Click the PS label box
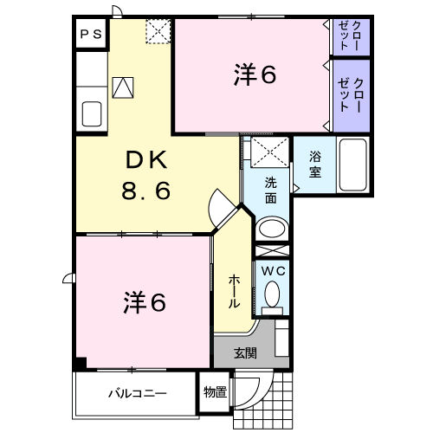point(91,35)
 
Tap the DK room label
point(146,160)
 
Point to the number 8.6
point(145,191)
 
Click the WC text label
point(274,271)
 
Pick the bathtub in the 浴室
point(353,165)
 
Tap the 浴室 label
point(315,165)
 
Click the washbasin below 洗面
point(272,228)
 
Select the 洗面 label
point(271,191)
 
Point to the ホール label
point(234,292)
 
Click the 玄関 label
point(245,352)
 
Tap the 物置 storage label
point(215,392)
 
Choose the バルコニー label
point(138,393)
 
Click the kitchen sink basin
point(92,114)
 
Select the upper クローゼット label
point(350,36)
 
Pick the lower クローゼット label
point(350,94)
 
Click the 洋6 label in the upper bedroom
point(255,74)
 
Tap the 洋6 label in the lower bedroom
point(145,302)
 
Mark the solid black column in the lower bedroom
point(81,363)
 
